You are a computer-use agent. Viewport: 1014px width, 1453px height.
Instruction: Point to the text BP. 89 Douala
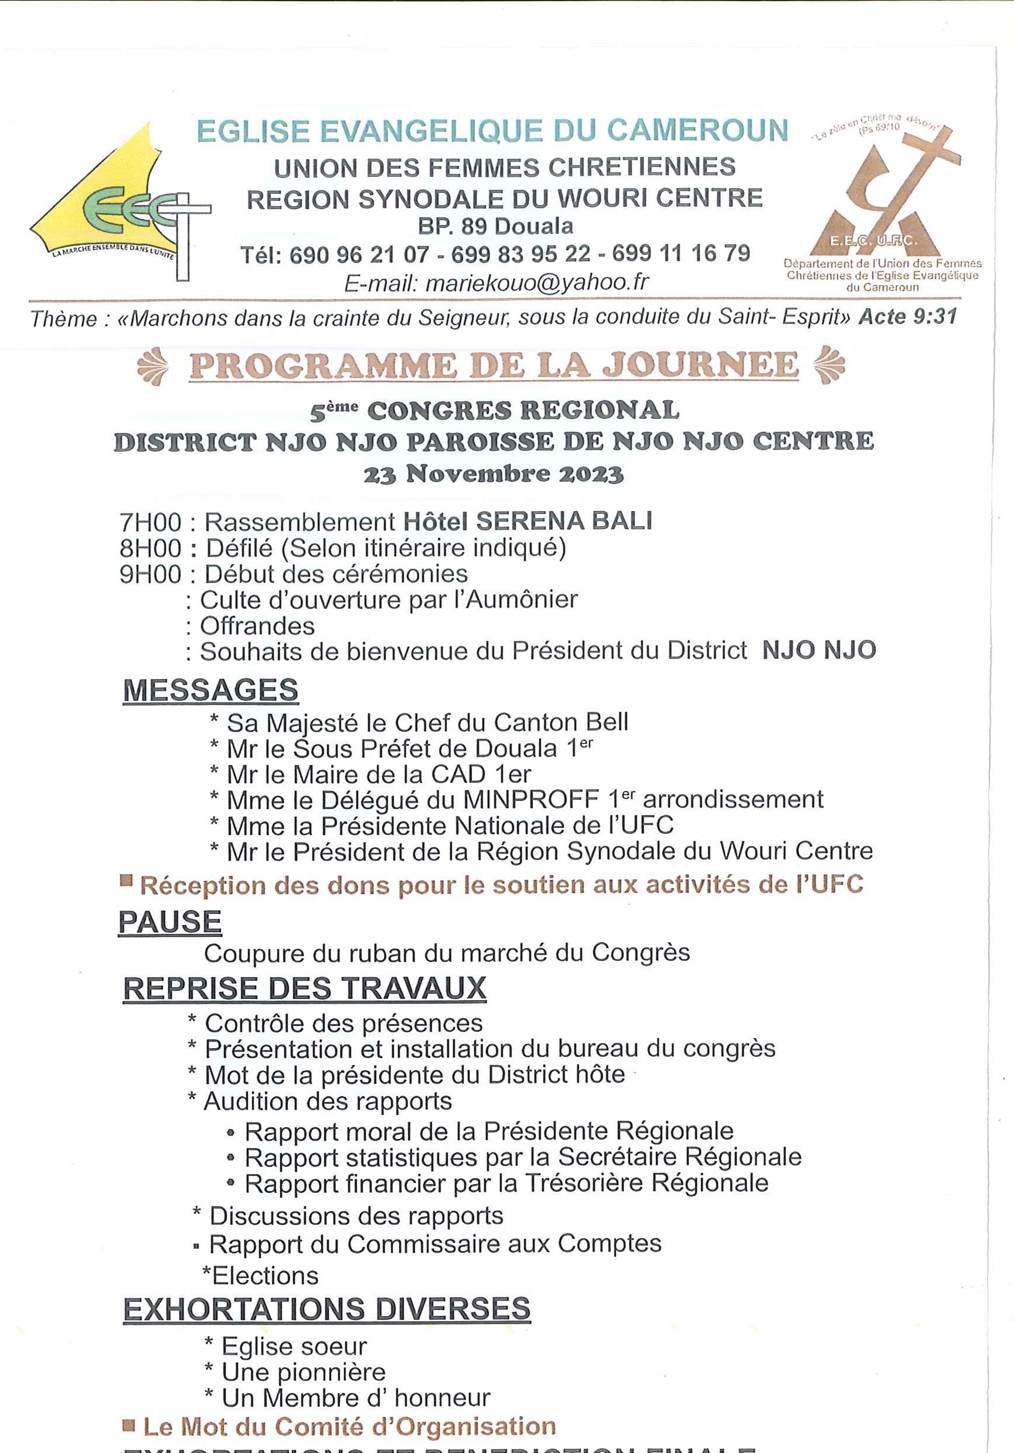point(495,226)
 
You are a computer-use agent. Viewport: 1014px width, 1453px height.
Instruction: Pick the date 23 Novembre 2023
point(494,474)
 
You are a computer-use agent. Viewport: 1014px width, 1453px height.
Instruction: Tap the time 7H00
point(151,523)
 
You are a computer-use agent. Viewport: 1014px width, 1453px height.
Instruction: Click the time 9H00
point(151,575)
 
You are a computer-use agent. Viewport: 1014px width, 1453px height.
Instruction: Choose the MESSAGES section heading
point(210,690)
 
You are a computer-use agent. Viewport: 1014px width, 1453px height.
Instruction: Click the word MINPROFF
point(530,800)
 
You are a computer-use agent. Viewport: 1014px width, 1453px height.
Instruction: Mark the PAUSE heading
point(169,922)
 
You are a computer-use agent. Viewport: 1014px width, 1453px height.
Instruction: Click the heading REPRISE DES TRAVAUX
point(304,989)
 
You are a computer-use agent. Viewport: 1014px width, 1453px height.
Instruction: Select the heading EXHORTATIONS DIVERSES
point(326,1309)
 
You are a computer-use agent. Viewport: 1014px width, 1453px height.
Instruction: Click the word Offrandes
point(257,626)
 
